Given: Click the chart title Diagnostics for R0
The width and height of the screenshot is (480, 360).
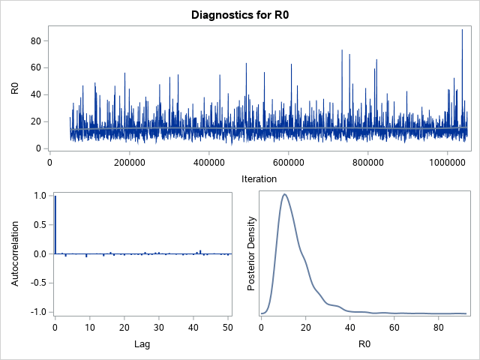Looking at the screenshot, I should click(240, 15).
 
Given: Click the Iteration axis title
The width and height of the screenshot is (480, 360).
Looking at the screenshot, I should click(259, 178).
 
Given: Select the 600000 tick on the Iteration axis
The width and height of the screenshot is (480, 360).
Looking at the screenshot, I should click(289, 160).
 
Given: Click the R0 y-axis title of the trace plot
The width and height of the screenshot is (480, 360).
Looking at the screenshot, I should click(15, 88).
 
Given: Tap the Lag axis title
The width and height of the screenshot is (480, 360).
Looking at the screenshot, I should click(142, 346).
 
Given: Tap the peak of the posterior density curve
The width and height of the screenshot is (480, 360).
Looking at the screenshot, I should click(284, 194).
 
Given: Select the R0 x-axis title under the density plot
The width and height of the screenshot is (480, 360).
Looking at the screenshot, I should click(363, 346).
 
